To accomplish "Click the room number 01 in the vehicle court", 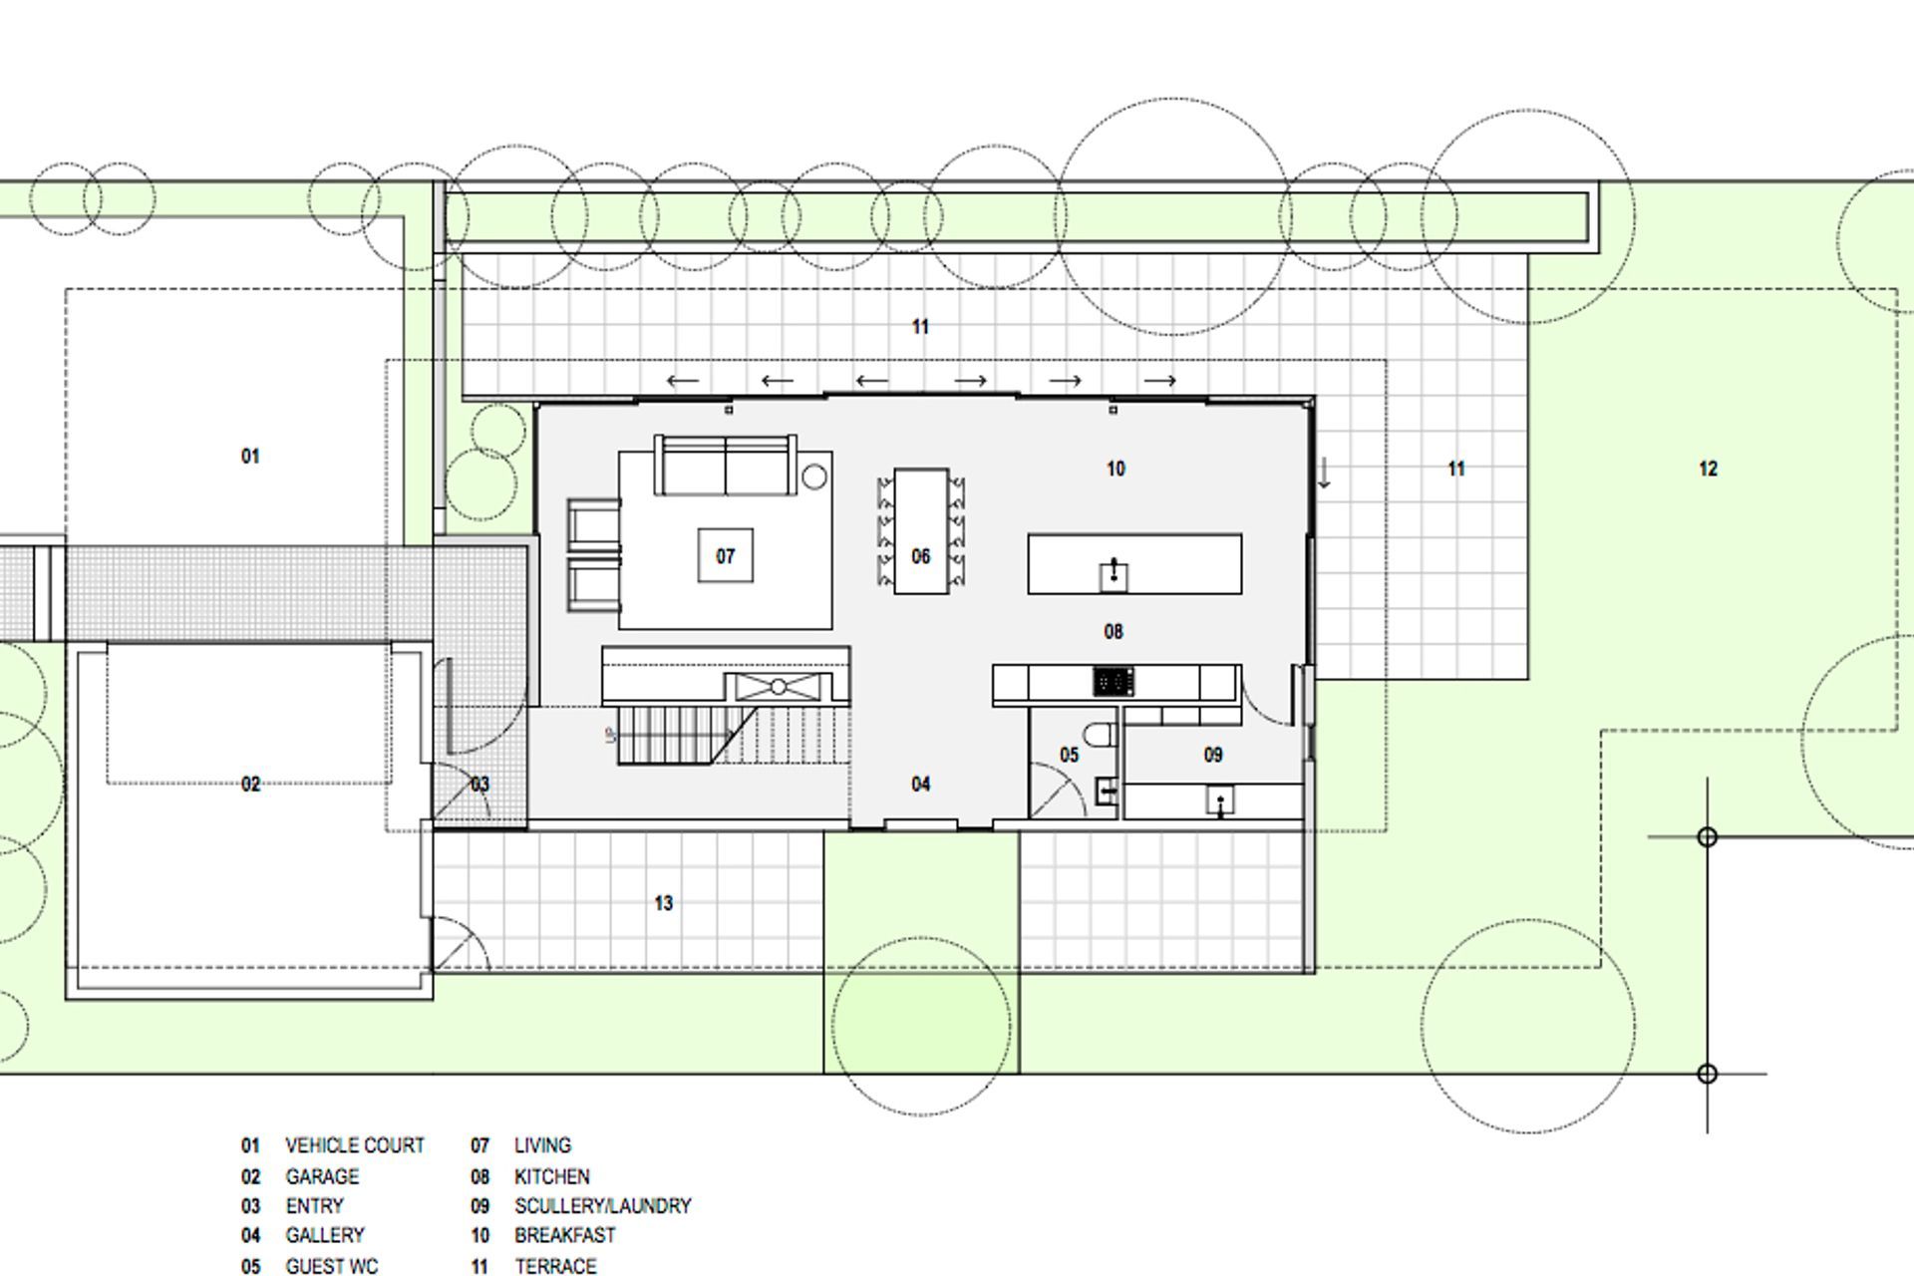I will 250,457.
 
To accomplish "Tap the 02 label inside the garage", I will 250,785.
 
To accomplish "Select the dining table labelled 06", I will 921,532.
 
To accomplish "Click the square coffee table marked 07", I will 725,556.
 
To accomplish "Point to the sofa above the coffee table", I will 725,467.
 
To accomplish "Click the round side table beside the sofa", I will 814,477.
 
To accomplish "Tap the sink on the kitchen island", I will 1114,574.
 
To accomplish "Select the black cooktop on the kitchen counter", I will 1114,682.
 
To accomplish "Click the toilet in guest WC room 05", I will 1101,737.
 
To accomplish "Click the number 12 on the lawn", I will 1708,469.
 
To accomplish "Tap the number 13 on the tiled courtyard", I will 664,903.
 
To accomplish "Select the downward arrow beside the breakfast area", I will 1325,473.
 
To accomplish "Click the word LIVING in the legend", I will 542,1145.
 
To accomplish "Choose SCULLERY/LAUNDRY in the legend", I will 602,1206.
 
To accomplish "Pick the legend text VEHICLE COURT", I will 354,1145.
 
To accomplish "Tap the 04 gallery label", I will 921,785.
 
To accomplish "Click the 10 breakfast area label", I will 1116,469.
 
